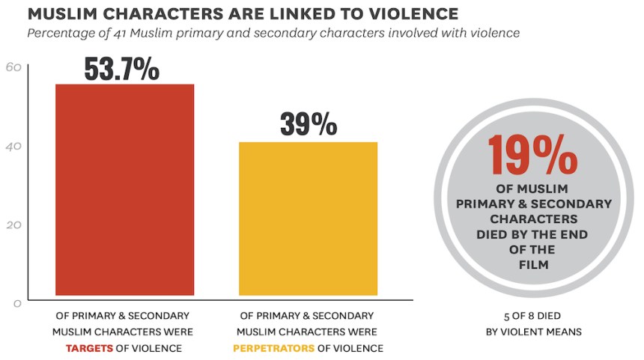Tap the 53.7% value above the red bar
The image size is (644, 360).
(121, 68)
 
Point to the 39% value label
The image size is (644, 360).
(308, 123)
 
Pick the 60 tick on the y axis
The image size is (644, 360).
(13, 67)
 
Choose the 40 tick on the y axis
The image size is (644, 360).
(13, 146)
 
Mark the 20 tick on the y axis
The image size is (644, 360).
(13, 225)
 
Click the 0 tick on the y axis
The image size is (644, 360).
(17, 303)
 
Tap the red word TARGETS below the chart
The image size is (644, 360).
(89, 348)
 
